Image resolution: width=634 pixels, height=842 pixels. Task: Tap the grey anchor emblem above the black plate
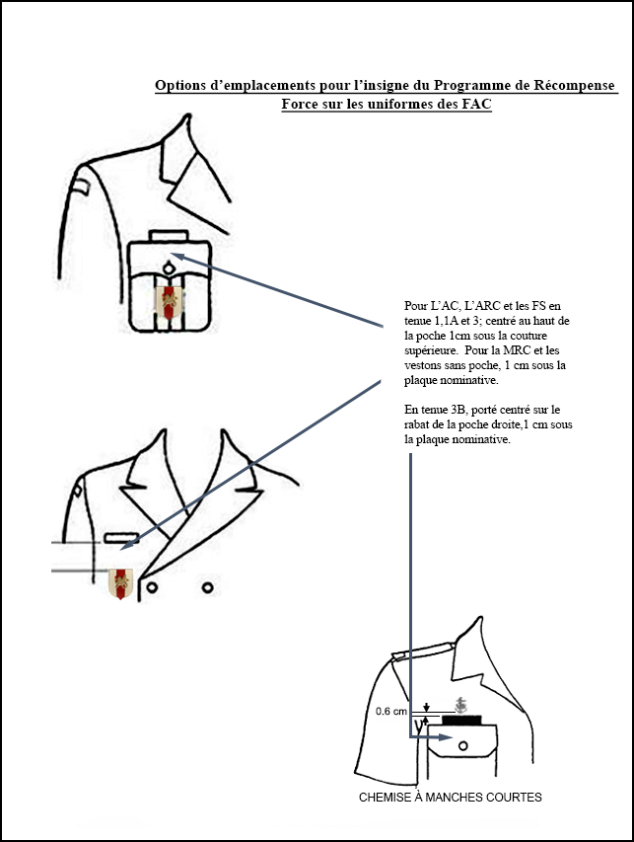tap(460, 705)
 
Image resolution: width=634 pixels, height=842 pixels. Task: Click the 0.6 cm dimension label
tap(391, 711)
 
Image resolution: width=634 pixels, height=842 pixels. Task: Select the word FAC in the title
tap(477, 104)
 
